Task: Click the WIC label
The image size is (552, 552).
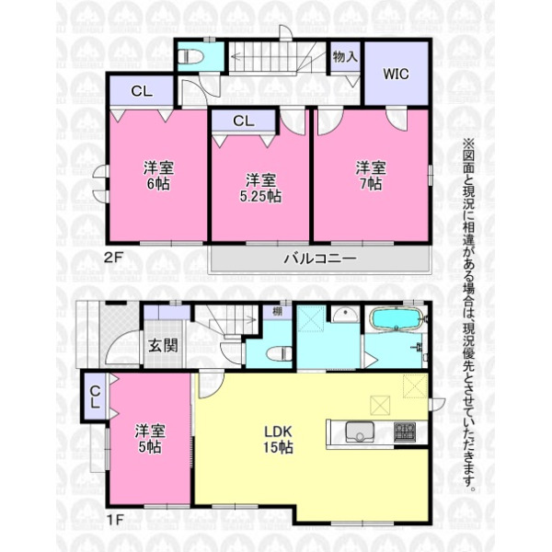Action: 396,74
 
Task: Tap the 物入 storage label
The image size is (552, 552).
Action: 345,56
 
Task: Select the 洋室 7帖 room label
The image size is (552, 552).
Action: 371,176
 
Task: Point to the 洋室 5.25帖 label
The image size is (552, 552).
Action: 260,189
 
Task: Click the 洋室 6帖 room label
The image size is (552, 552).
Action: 158,176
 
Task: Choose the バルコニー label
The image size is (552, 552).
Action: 320,259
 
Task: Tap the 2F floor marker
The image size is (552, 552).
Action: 113,258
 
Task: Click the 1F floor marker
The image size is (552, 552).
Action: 114,520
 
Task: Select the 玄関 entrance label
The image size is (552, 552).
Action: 162,346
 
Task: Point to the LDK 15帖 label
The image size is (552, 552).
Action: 278,440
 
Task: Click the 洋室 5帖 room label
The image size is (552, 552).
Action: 150,439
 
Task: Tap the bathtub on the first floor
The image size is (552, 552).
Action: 396,318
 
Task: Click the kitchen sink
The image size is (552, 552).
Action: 360,431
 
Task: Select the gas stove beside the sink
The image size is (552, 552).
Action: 405,431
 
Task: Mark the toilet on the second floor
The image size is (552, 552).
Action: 190,57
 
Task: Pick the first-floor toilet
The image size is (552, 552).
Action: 280,353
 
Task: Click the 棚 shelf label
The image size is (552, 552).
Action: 278,312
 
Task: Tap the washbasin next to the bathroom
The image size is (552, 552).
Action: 346,314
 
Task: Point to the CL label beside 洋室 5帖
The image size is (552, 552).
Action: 95,397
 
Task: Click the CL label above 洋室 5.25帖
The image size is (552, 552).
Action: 244,121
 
